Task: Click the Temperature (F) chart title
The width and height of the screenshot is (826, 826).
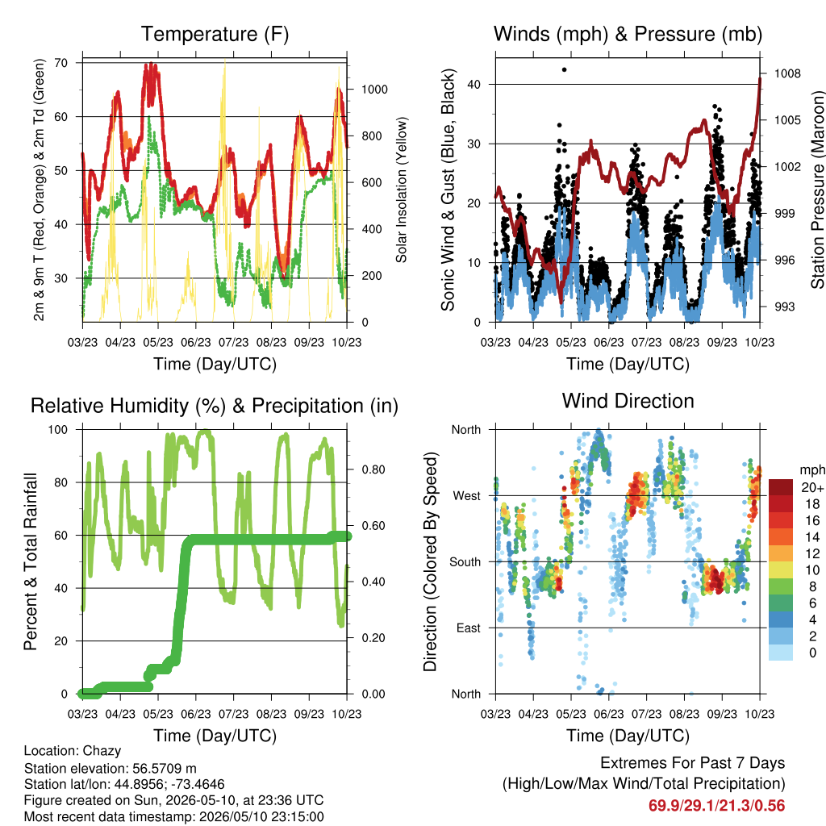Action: click(x=215, y=34)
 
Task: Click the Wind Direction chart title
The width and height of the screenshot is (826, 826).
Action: click(x=628, y=401)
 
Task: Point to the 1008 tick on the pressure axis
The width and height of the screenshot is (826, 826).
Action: click(x=787, y=73)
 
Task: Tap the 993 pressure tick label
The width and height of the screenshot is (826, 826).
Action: click(x=784, y=307)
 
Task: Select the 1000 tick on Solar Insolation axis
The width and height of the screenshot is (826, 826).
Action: click(x=374, y=90)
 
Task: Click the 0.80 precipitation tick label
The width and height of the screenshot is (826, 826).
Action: click(x=373, y=470)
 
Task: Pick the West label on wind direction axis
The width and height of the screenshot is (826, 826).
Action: click(x=467, y=496)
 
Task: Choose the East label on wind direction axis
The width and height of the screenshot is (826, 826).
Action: click(x=469, y=628)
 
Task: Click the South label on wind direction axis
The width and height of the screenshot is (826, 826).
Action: click(x=465, y=562)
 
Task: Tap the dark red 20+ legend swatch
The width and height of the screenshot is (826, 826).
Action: click(x=781, y=487)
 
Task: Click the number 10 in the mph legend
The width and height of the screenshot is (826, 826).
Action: click(x=812, y=570)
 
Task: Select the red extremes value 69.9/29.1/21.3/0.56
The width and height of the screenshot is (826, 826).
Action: click(x=716, y=806)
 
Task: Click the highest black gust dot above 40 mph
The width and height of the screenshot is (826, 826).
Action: click(x=564, y=69)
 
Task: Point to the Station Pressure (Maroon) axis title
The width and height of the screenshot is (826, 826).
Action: click(x=818, y=190)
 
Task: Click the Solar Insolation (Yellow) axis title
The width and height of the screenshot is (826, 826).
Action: click(x=402, y=190)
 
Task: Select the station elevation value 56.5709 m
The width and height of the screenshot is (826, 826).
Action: click(x=162, y=769)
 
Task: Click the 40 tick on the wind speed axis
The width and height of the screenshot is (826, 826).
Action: click(x=474, y=84)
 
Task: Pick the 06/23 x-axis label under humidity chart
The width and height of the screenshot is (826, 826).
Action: click(x=195, y=714)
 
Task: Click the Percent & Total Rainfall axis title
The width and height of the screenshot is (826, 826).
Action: click(x=31, y=561)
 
